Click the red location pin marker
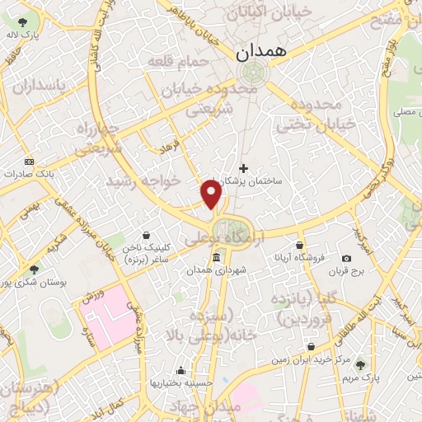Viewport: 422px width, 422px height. click(x=212, y=193)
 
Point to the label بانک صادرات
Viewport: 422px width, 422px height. click(x=28, y=175)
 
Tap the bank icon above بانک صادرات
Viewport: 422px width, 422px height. click(x=30, y=162)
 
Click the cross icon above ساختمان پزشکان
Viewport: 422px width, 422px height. click(x=243, y=167)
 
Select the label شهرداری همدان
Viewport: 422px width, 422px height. click(x=211, y=271)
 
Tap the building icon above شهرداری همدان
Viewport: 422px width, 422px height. click(x=216, y=259)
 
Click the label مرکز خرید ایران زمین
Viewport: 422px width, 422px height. click(x=306, y=360)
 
